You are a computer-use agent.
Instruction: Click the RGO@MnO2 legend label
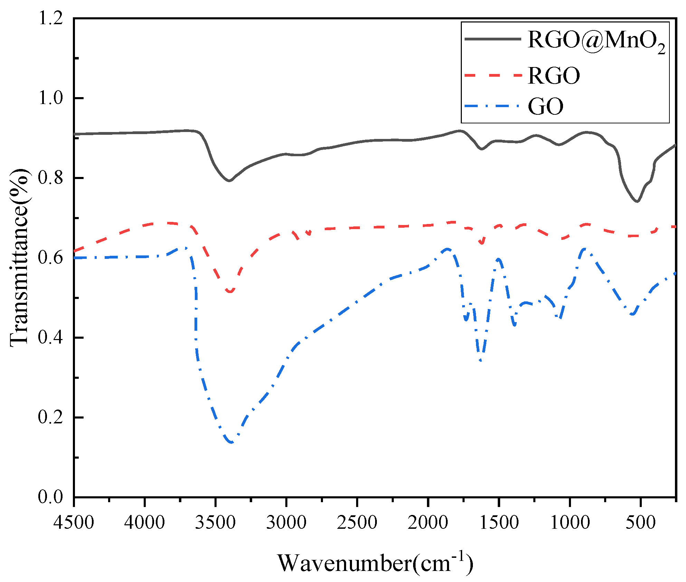(597, 41)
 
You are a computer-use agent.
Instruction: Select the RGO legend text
(554, 75)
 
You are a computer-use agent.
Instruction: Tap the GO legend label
(545, 106)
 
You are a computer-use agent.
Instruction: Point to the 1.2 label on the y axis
(50, 18)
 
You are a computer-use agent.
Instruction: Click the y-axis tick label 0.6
(50, 257)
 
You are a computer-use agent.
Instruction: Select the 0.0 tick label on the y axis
(50, 497)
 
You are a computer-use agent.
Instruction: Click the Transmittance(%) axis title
(19, 257)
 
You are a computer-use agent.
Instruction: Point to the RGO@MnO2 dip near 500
(637, 201)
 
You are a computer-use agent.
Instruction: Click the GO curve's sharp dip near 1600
(481, 360)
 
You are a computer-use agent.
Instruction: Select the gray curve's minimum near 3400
(229, 180)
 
